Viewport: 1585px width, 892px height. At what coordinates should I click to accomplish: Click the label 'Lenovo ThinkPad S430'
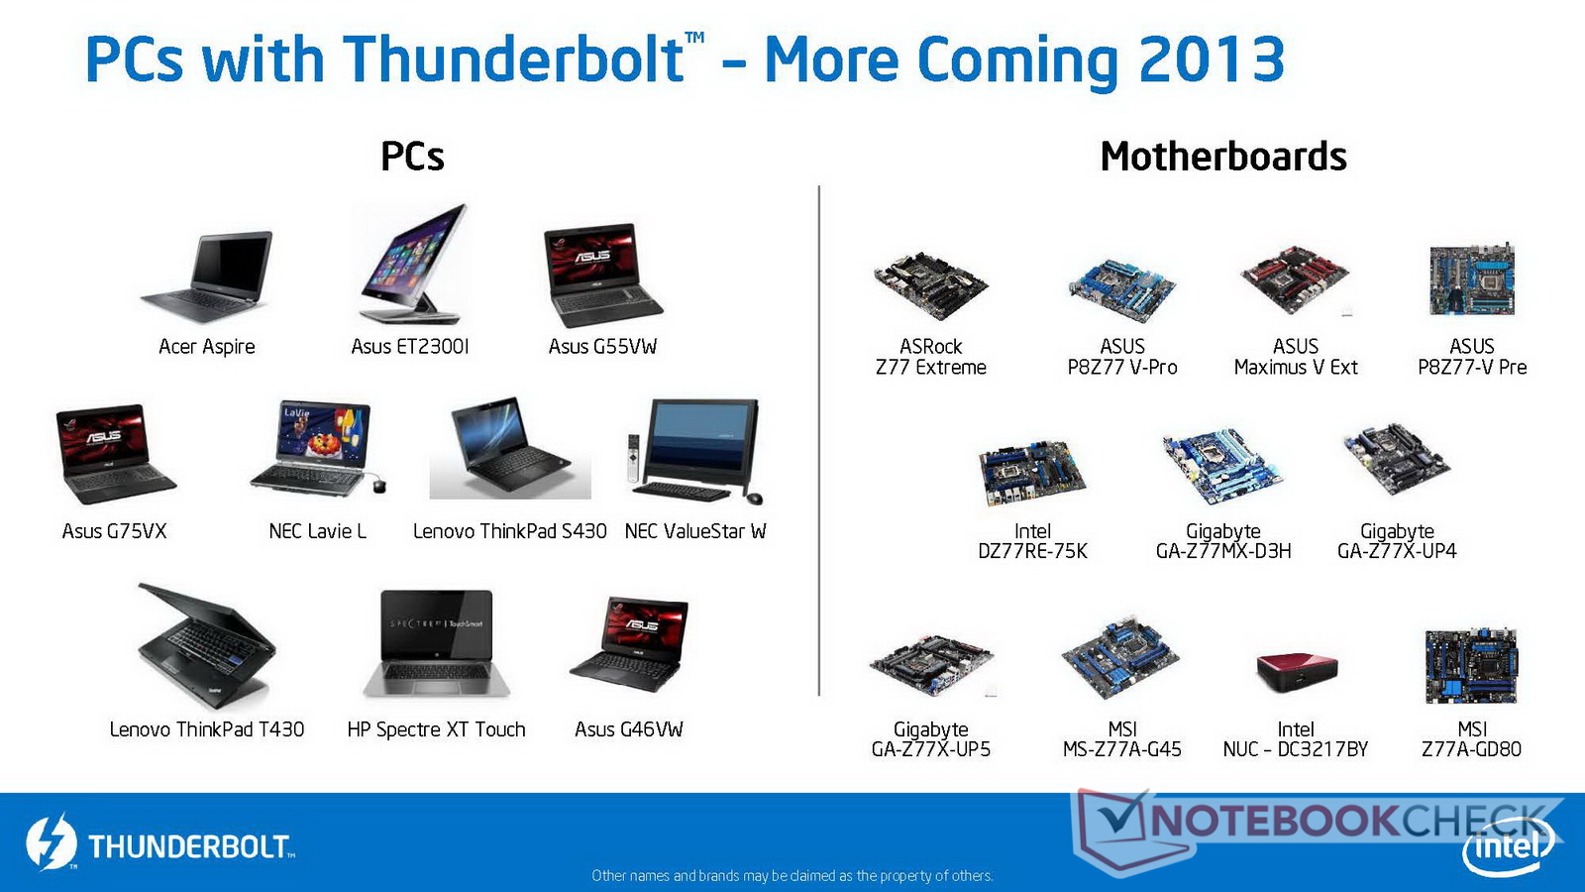pyautogui.click(x=509, y=531)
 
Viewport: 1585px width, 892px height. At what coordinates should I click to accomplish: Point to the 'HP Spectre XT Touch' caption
pyautogui.click(x=436, y=729)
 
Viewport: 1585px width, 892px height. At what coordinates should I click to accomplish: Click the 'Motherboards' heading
pyautogui.click(x=1223, y=157)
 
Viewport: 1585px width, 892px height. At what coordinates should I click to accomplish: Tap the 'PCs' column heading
pyautogui.click(x=412, y=157)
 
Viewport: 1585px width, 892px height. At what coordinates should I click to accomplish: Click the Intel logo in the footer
pyautogui.click(x=1508, y=846)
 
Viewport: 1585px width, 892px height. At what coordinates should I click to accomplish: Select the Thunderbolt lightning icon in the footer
pyautogui.click(x=51, y=842)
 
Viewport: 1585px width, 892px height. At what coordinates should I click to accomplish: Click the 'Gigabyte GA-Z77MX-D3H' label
pyautogui.click(x=1223, y=541)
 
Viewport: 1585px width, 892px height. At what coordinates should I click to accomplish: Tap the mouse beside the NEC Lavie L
pyautogui.click(x=379, y=486)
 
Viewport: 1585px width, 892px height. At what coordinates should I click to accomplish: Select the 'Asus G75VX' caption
pyautogui.click(x=114, y=531)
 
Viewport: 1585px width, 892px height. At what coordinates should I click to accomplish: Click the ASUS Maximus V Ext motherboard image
pyautogui.click(x=1294, y=280)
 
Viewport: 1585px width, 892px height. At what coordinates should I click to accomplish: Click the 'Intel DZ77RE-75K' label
pyautogui.click(x=1032, y=541)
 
